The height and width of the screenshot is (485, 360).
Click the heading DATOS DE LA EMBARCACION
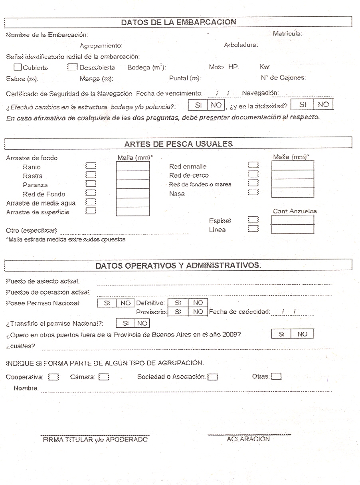tap(178, 22)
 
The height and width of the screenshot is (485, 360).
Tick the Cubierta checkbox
tap(18, 67)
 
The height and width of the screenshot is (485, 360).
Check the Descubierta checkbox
tap(73, 67)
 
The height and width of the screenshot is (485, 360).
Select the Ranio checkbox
tap(91, 166)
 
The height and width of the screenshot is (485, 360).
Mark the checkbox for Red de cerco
tap(253, 175)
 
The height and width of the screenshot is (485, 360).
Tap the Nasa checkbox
tap(253, 193)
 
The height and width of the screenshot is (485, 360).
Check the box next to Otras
tap(277, 376)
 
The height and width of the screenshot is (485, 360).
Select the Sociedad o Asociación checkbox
tap(213, 377)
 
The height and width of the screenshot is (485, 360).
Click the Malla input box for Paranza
tap(133, 184)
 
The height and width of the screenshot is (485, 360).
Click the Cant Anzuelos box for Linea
tap(293, 229)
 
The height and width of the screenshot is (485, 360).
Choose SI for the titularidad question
tap(303, 105)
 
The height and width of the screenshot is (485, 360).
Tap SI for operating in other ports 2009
tap(281, 334)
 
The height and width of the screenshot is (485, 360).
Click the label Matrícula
tap(287, 34)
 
